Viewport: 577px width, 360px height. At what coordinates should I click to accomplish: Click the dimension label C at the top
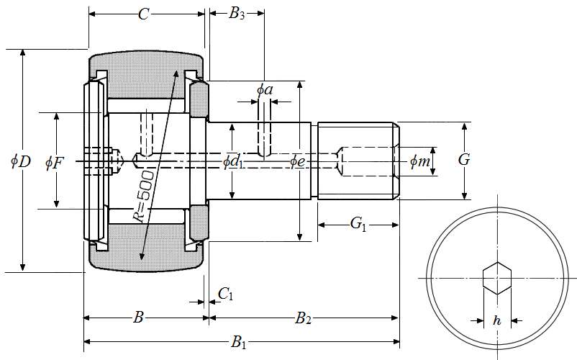point(144,14)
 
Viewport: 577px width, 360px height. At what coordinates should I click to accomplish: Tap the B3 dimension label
point(237,14)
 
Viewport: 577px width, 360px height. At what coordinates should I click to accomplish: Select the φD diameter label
point(20,161)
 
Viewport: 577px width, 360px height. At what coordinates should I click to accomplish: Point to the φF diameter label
point(54,163)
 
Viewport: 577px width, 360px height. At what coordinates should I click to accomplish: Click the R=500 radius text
point(144,195)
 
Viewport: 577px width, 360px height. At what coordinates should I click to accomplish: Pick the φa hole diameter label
point(264,90)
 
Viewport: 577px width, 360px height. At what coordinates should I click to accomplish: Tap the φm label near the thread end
point(420,162)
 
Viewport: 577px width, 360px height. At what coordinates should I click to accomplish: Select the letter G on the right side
point(464,160)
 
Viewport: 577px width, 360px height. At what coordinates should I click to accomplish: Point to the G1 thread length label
point(358,225)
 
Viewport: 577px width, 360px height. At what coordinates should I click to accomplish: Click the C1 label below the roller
point(225,293)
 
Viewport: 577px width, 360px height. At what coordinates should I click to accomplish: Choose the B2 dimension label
point(303,317)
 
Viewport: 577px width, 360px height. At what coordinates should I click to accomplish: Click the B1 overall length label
point(239,343)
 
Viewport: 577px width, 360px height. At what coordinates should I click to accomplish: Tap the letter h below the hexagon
point(496,321)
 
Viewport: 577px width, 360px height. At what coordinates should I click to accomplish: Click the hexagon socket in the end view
point(496,278)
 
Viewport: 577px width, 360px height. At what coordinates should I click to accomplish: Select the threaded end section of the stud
point(357,161)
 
